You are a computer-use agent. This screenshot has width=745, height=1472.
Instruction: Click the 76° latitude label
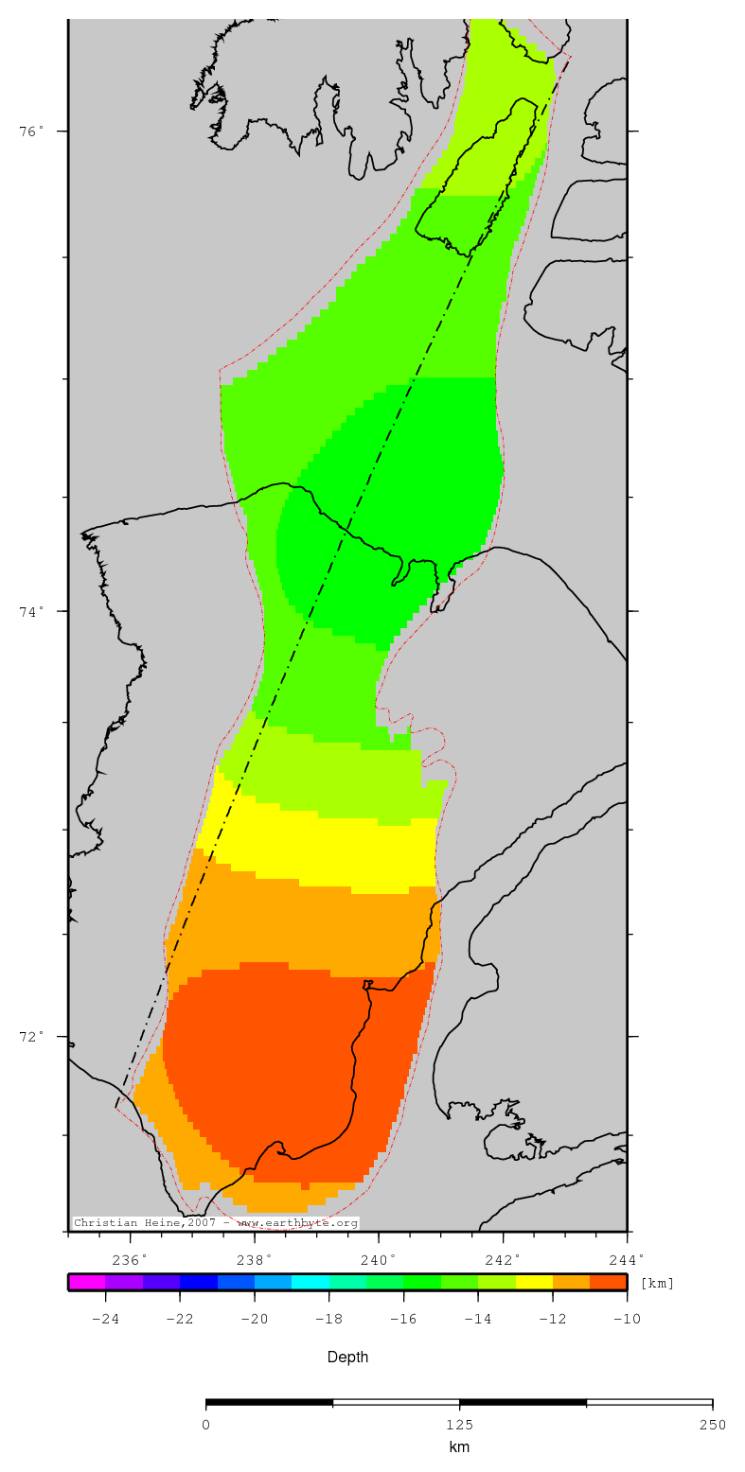(31, 131)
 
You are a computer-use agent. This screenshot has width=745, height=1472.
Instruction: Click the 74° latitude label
(31, 611)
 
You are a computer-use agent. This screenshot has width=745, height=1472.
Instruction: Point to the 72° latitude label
(31, 1036)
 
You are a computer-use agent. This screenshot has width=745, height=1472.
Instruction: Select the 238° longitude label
(255, 1259)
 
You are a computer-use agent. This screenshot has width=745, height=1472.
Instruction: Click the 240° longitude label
(379, 1259)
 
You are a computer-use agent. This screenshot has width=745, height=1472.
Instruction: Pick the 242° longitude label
(504, 1259)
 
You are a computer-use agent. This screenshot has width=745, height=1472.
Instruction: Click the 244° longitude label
(627, 1259)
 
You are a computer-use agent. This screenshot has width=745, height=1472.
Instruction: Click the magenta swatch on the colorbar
(86, 1283)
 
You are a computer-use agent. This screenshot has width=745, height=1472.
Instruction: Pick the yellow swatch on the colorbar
(534, 1283)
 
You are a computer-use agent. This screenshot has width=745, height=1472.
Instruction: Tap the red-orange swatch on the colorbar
(608, 1283)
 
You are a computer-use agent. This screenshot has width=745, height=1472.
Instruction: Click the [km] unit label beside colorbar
(657, 1284)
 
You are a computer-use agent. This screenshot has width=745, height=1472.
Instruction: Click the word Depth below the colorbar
(348, 1358)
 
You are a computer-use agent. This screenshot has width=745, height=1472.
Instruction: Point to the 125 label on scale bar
(459, 1425)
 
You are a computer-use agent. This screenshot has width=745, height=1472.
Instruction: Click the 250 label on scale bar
(712, 1425)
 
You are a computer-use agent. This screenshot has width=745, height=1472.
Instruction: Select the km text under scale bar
(459, 1447)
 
